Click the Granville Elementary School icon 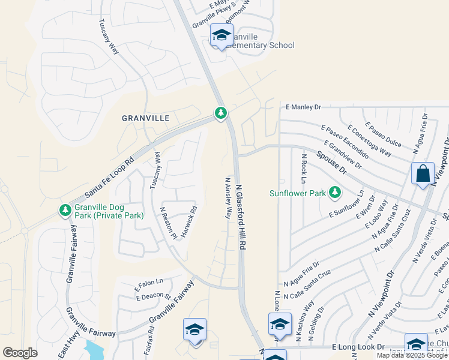pos(221,36)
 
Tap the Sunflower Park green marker pos(335,193)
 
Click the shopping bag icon pos(423,173)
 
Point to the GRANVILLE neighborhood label pos(146,118)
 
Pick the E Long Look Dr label pos(358,347)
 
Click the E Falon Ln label pos(149,282)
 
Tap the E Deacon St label pos(153,297)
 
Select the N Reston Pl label pos(167,223)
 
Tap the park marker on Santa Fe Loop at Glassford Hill pos(221,113)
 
